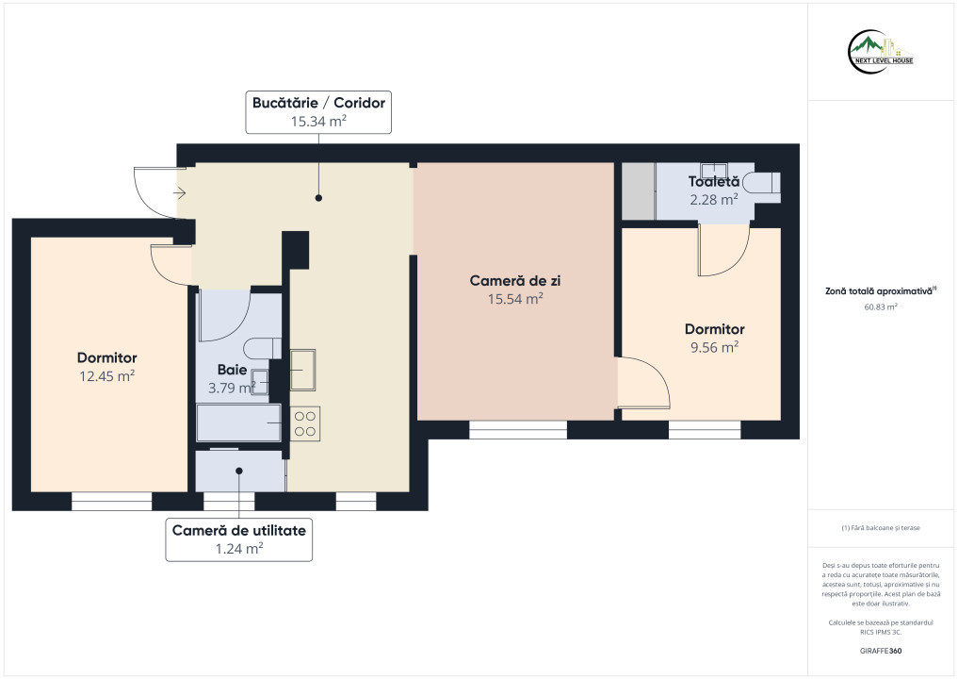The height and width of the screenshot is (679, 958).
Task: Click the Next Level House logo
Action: coord(881,52)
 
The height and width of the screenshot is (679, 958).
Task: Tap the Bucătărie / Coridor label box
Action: coord(318,112)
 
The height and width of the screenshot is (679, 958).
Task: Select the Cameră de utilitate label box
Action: coord(239,539)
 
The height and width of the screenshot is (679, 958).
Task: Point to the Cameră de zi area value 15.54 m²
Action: coord(515,299)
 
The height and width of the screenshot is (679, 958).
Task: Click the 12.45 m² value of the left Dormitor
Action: coord(107,376)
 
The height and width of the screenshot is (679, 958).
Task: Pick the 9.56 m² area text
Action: coord(714,347)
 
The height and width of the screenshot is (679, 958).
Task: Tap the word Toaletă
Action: coord(714,182)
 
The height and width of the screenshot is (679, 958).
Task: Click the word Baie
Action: coord(232,370)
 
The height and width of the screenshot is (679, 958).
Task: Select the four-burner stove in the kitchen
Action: coord(305,423)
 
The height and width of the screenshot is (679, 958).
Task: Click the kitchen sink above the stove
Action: coord(302,370)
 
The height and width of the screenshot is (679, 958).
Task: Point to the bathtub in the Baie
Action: coord(239,422)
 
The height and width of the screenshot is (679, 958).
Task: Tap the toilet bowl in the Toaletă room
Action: coord(764,184)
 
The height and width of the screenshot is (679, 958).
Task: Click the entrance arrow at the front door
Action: coord(179,193)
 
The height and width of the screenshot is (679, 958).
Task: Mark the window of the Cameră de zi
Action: coord(518,429)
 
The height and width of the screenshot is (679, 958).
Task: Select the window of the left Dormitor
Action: coord(112,501)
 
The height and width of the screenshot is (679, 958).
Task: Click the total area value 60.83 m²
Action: coord(881,307)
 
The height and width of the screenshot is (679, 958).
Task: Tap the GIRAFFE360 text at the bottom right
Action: coord(881,651)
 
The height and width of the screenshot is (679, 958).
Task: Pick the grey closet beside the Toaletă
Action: coord(639,190)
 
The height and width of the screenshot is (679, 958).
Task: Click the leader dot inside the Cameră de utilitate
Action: coord(239,471)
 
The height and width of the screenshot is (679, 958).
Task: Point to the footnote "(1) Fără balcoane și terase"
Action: coord(881,528)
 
